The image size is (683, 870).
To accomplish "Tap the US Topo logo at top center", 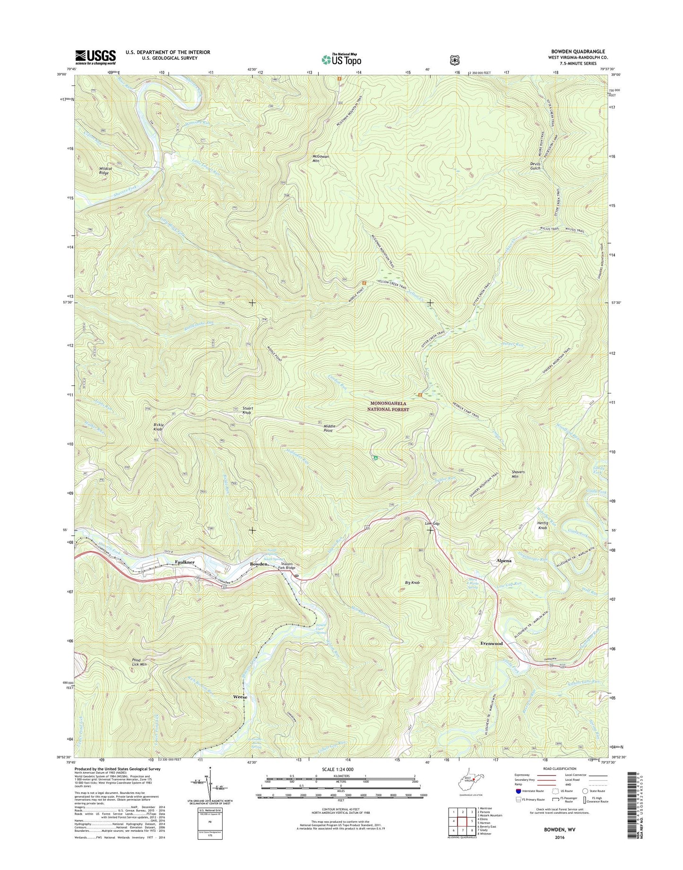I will pyautogui.click(x=341, y=60).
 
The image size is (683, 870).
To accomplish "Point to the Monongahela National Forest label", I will pyautogui.click(x=388, y=406).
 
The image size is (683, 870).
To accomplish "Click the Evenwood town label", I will pyautogui.click(x=491, y=643).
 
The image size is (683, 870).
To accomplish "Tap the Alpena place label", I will pyautogui.click(x=504, y=561).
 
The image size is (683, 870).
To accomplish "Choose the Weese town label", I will pyautogui.click(x=240, y=697).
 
